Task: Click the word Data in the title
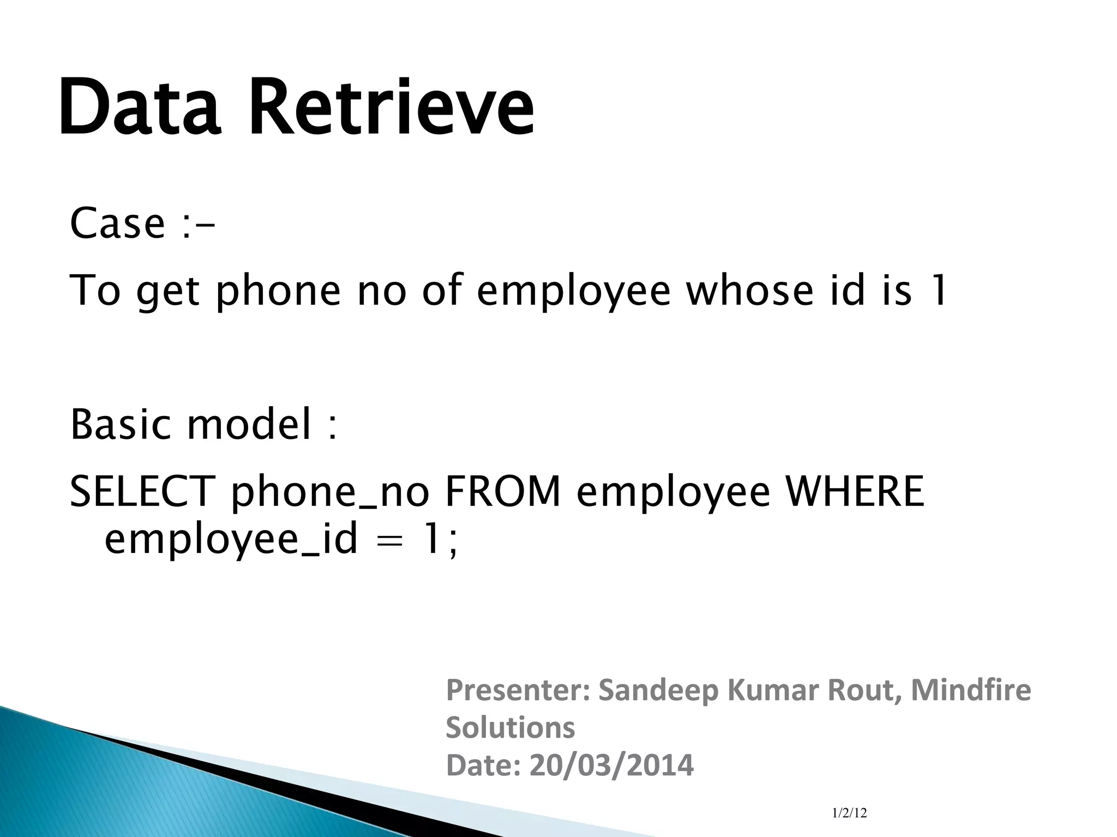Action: click(140, 107)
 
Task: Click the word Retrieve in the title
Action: click(392, 107)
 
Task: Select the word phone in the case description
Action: click(278, 292)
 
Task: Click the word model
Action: click(249, 424)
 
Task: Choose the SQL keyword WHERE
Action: click(855, 491)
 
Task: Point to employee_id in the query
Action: click(231, 540)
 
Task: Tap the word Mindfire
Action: click(971, 689)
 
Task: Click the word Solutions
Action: click(511, 727)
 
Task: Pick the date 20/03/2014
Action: click(611, 765)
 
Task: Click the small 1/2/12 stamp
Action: click(849, 813)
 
